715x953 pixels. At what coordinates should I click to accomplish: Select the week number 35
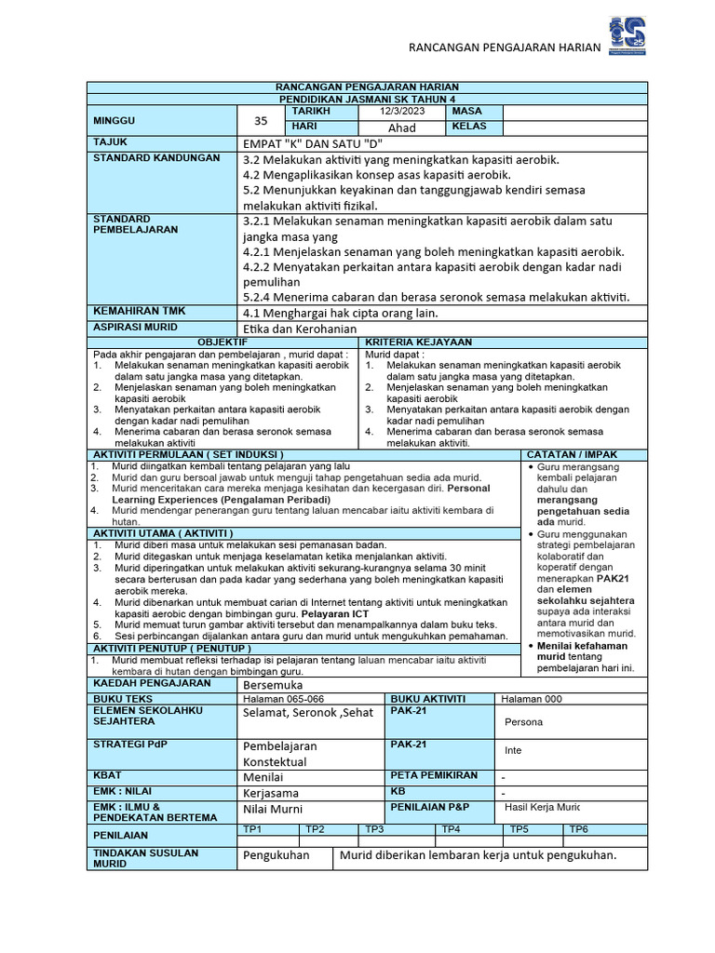pyautogui.click(x=260, y=120)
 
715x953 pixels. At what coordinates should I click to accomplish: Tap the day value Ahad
pyautogui.click(x=402, y=128)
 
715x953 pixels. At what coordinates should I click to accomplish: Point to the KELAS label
pyautogui.click(x=470, y=126)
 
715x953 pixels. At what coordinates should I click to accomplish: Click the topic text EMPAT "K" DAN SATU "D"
pyautogui.click(x=311, y=143)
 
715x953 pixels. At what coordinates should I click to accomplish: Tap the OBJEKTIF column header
pyautogui.click(x=223, y=342)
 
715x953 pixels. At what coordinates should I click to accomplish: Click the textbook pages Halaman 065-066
pyautogui.click(x=283, y=699)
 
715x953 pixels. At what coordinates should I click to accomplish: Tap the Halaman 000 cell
pyautogui.click(x=532, y=699)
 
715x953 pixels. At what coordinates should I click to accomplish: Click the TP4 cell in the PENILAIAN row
pyautogui.click(x=452, y=828)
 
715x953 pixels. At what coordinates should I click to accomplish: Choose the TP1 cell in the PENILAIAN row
pyautogui.click(x=252, y=828)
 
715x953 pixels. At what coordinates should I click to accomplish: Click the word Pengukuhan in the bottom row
pyautogui.click(x=276, y=855)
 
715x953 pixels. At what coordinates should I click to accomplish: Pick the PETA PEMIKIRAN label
pyautogui.click(x=434, y=775)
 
